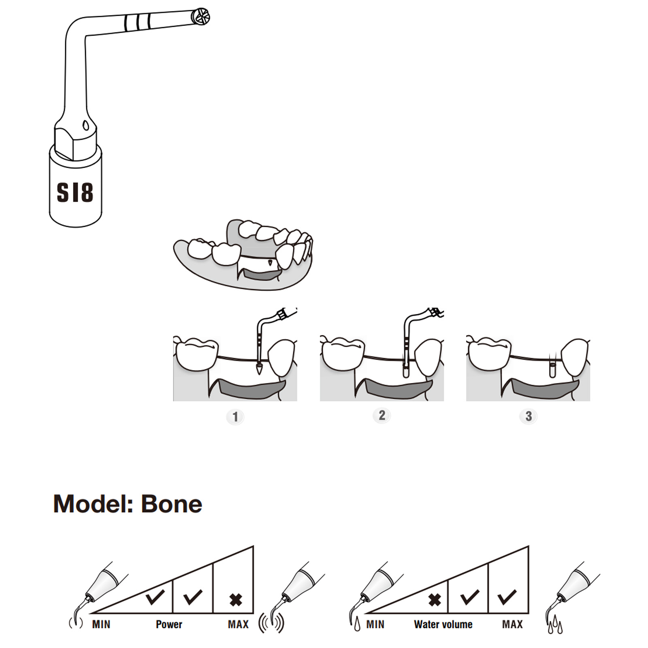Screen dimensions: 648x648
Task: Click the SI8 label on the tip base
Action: tap(75, 192)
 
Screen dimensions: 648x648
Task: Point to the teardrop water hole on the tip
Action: tap(86, 125)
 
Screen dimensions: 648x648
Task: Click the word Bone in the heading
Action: tap(171, 504)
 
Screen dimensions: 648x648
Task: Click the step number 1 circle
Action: tap(235, 417)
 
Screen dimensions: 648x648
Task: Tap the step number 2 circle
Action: tap(382, 415)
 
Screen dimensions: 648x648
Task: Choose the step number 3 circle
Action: tap(529, 416)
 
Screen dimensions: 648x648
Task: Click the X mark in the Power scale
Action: tap(236, 600)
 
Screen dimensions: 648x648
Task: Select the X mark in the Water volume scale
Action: tap(435, 600)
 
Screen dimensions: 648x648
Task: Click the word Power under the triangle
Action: tap(169, 625)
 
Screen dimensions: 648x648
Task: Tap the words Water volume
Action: tap(443, 625)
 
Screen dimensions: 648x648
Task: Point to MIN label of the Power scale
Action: tap(101, 625)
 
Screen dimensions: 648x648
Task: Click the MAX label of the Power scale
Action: tap(238, 625)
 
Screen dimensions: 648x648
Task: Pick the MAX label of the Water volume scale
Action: tap(512, 625)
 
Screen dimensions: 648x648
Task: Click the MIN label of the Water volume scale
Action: tap(375, 625)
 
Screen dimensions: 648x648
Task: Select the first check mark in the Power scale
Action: tap(155, 597)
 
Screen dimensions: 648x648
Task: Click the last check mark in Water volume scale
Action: tap(507, 597)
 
